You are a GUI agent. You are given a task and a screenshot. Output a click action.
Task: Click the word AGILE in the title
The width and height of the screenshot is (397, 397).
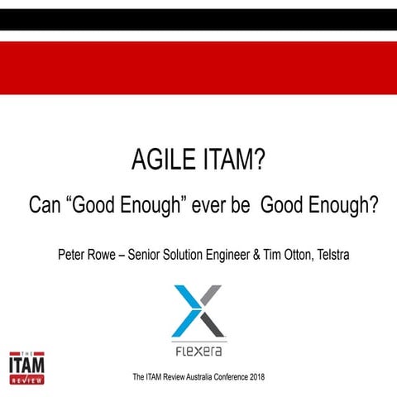pos(163,158)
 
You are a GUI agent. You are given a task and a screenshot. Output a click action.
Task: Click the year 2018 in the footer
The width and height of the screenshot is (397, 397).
pos(254,378)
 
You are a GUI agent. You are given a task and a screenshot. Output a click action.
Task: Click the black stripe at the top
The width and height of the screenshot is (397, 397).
pos(198,19)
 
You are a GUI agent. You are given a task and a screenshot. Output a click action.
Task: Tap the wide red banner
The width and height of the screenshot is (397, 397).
pos(198,68)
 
